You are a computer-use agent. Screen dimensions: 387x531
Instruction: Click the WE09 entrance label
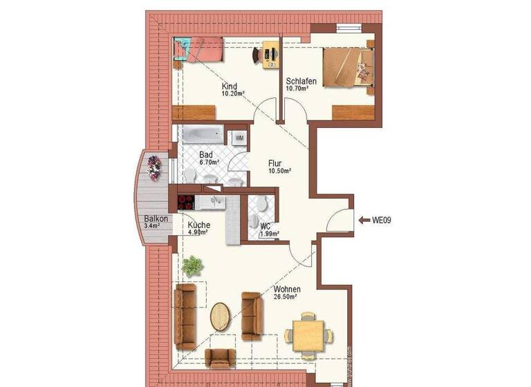tap(382, 221)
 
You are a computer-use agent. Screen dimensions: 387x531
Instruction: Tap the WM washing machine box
tap(239, 138)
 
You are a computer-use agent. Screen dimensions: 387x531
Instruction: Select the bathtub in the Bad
tap(201, 135)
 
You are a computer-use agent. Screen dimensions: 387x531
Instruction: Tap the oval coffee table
tap(221, 317)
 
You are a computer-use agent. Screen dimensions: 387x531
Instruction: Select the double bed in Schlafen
tap(351, 65)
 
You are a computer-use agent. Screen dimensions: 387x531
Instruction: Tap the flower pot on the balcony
tap(153, 167)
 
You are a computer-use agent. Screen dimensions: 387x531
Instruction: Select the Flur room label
tap(277, 164)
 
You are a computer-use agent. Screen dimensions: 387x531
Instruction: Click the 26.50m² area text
tap(285, 297)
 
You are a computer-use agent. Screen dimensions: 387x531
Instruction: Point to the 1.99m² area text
tap(269, 234)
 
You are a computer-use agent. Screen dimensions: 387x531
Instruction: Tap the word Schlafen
tap(302, 82)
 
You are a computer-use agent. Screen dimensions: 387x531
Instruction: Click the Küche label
tap(199, 225)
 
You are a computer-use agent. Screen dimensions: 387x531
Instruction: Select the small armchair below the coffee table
tap(221, 357)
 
